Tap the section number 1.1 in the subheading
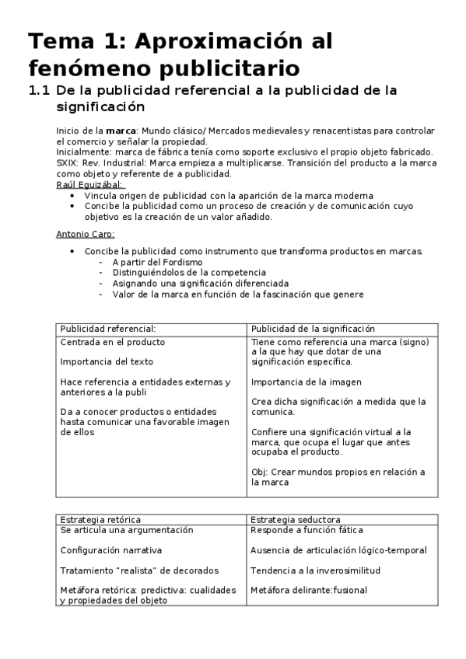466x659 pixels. pyautogui.click(x=39, y=90)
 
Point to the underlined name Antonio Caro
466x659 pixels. pyautogui.click(x=86, y=234)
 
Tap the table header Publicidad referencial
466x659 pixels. pyautogui.click(x=108, y=329)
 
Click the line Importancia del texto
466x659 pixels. pyautogui.click(x=107, y=361)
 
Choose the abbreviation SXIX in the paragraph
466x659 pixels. pyautogui.click(x=68, y=163)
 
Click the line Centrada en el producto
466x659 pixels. pyautogui.click(x=112, y=341)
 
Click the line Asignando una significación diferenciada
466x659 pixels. pyautogui.click(x=200, y=284)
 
